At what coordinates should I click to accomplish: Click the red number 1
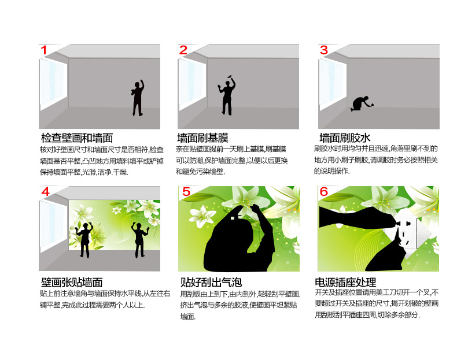click(x=44, y=50)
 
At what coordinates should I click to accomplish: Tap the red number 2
click(x=183, y=50)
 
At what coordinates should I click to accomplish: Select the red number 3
click(x=324, y=50)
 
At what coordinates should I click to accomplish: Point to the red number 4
click(x=46, y=192)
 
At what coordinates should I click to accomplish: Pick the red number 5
click(x=186, y=192)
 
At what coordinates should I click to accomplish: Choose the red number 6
click(x=324, y=192)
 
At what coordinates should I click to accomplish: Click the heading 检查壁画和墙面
click(x=77, y=138)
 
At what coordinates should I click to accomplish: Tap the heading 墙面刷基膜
click(x=202, y=138)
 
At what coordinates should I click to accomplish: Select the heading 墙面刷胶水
click(x=345, y=138)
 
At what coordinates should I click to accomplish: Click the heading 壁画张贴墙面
click(x=72, y=283)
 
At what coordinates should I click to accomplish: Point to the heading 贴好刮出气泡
click(x=211, y=282)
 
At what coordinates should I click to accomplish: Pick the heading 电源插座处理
click(x=345, y=282)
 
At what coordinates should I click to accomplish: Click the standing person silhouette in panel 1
click(x=138, y=98)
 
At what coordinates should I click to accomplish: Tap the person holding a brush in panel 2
click(x=226, y=95)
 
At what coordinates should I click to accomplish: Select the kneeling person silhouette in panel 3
click(x=362, y=104)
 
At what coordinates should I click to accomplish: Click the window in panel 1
click(x=53, y=84)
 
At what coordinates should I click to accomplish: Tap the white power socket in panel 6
click(x=408, y=233)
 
